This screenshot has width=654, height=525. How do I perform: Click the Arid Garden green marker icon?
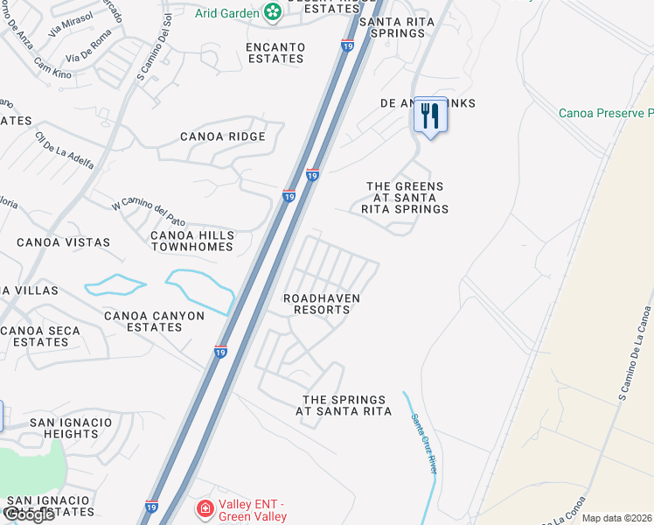(x=273, y=12)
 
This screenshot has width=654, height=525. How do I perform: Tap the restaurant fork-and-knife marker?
(x=429, y=115)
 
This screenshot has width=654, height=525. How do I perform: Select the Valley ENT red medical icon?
(x=204, y=508)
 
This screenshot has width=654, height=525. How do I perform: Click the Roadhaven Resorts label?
(x=322, y=304)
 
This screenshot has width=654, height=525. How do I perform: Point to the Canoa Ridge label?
(x=222, y=136)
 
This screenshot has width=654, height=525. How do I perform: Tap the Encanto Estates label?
(x=275, y=52)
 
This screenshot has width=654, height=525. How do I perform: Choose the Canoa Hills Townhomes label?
(x=191, y=241)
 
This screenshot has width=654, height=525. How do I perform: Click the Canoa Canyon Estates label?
(x=154, y=321)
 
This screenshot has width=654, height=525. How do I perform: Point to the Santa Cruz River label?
(x=423, y=443)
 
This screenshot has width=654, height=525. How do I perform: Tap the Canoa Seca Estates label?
(x=40, y=336)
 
